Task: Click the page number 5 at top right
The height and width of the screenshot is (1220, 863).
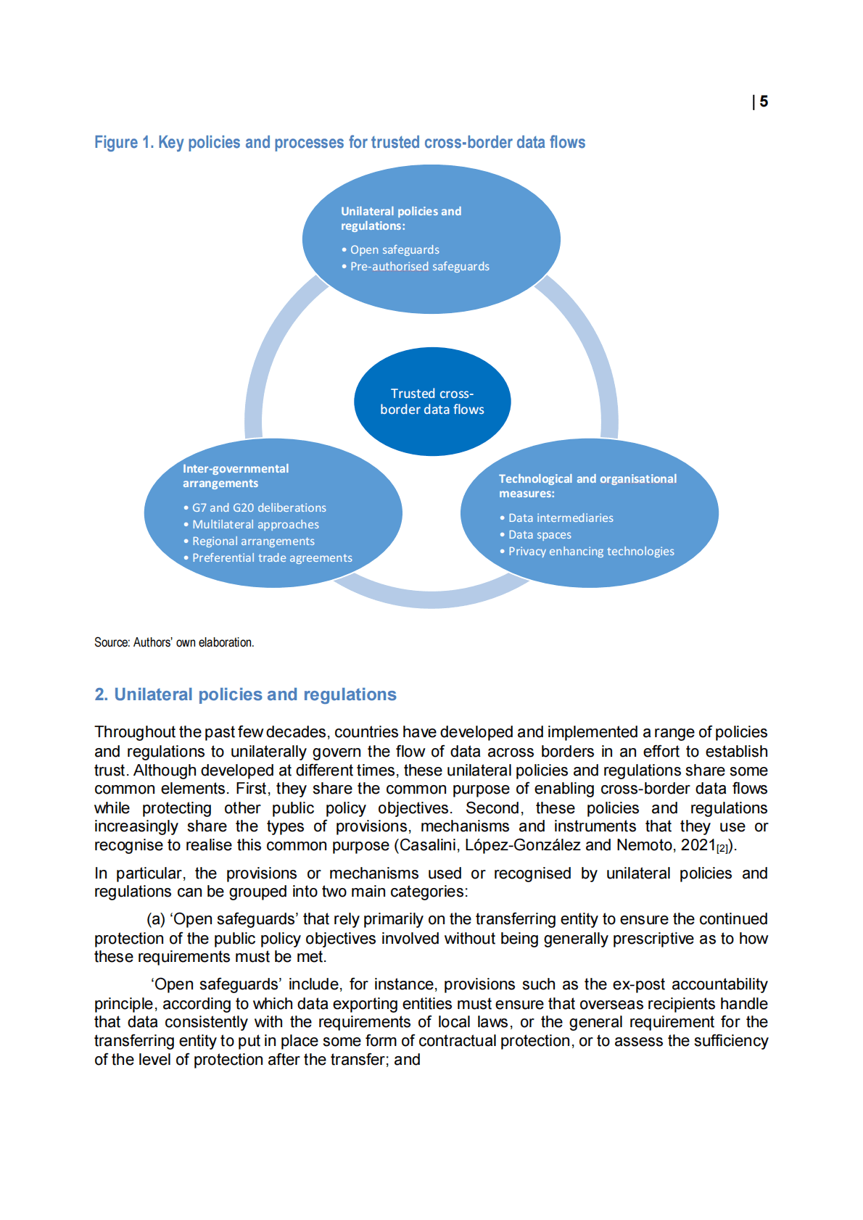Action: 764,102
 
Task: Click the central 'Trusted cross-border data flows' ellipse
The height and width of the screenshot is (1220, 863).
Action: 432,402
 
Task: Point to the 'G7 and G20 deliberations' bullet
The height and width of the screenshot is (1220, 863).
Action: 258,508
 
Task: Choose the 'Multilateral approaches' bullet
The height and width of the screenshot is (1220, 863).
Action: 255,525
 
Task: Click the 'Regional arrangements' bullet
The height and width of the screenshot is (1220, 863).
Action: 252,541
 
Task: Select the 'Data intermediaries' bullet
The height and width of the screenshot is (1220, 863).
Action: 560,518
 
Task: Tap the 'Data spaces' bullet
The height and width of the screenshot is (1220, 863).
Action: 539,535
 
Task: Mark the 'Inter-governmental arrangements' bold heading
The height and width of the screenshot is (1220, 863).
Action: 235,476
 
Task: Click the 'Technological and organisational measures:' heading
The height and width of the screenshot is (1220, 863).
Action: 587,486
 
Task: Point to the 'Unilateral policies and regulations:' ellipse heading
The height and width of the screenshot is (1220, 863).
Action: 400,219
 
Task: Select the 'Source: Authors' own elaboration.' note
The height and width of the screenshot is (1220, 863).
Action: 174,643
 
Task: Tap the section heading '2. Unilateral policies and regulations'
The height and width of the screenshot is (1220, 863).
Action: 245,694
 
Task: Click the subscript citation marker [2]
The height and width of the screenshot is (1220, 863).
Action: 722,849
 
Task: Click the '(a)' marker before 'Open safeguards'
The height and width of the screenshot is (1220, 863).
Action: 156,920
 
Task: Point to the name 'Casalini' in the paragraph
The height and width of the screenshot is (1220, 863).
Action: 427,845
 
